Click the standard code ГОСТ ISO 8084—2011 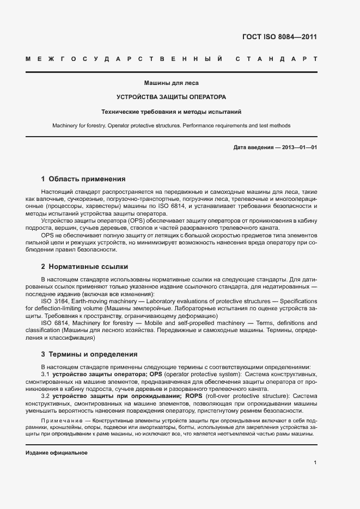(279, 38)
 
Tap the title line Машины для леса (171, 83)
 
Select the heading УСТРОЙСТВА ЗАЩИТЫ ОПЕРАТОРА (171, 97)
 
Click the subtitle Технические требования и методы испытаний (171, 112)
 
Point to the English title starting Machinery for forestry (171, 126)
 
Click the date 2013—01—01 (297, 148)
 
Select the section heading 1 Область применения (83, 179)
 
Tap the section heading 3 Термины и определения (86, 354)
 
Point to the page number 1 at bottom (315, 463)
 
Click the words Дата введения (253, 148)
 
